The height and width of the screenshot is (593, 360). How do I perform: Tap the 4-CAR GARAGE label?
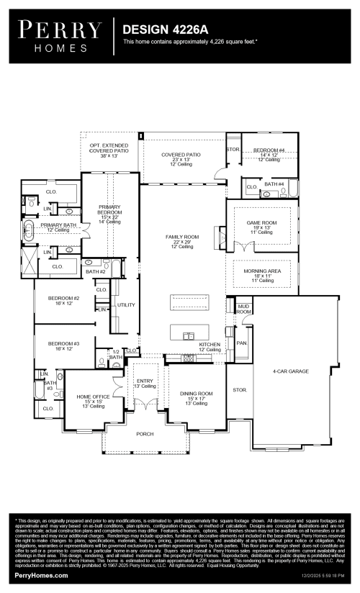pyautogui.click(x=290, y=371)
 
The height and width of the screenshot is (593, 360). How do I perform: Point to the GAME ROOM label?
pyautogui.click(x=262, y=222)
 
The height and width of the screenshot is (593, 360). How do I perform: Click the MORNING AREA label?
pyautogui.click(x=262, y=271)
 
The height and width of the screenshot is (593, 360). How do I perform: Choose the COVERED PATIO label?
pyautogui.click(x=181, y=154)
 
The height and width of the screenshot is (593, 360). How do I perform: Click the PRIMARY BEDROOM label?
pyautogui.click(x=109, y=209)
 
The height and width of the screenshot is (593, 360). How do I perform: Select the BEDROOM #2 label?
pyautogui.click(x=63, y=297)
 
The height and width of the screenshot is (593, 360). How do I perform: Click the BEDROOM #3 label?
pyautogui.click(x=63, y=343)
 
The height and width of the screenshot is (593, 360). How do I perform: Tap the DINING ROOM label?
pyautogui.click(x=196, y=394)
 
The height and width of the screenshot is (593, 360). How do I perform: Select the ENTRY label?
pyautogui.click(x=145, y=381)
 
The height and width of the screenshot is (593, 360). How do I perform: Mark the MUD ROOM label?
pyautogui.click(x=244, y=308)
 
